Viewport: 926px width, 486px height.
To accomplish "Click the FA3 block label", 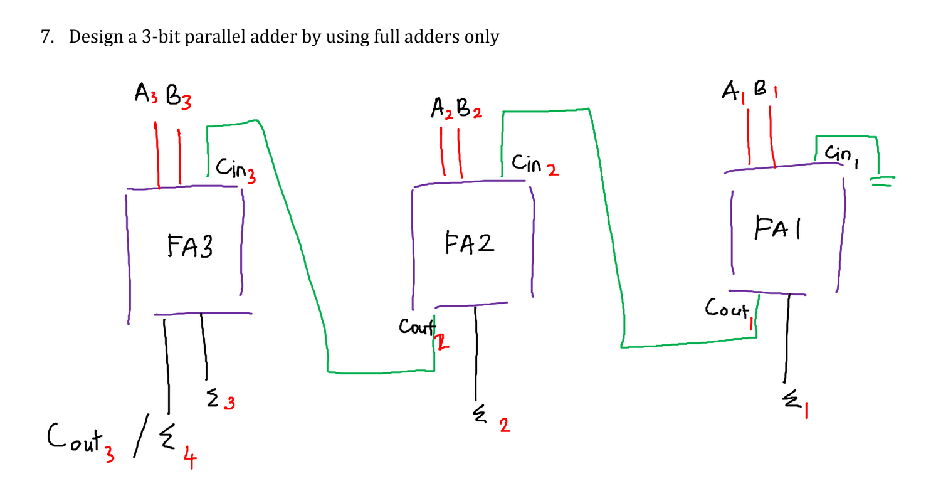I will [190, 247].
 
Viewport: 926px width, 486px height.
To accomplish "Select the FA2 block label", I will [469, 242].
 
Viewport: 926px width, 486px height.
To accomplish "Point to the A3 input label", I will [144, 95].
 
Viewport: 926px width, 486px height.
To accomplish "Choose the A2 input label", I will [441, 110].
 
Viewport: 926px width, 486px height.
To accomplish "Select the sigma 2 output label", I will [490, 421].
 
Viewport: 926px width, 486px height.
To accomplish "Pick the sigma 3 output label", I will [219, 399].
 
